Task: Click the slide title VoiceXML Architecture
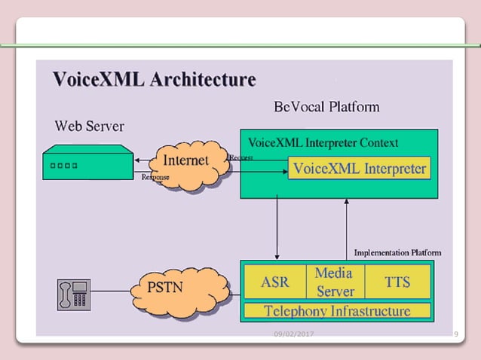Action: click(154, 79)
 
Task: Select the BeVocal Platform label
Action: click(326, 107)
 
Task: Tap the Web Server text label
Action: click(89, 124)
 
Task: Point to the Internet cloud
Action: click(185, 162)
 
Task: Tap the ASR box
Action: click(274, 282)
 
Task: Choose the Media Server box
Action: click(335, 282)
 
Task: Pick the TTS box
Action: click(397, 282)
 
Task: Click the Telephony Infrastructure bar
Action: click(337, 310)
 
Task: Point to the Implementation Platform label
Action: click(397, 252)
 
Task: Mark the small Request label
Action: click(241, 157)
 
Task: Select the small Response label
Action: click(155, 177)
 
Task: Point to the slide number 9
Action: click(456, 334)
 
